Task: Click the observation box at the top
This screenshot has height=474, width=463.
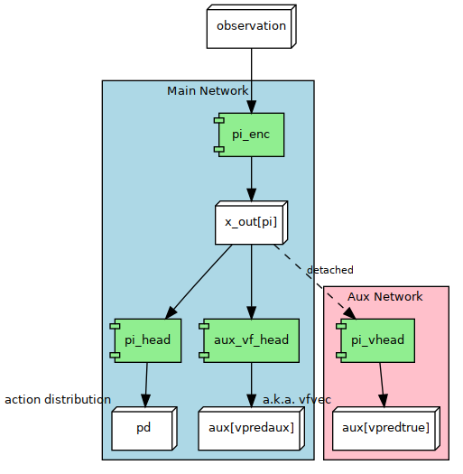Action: [x=251, y=26]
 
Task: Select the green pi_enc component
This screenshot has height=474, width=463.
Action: [x=251, y=135]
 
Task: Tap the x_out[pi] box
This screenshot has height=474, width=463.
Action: [x=251, y=222]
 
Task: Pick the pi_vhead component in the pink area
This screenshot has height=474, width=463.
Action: [x=377, y=339]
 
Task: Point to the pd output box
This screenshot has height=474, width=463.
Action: [x=144, y=428]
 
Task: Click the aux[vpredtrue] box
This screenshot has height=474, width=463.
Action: [x=385, y=428]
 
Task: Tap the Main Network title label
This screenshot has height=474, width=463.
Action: [x=207, y=90]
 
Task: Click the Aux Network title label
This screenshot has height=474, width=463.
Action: [x=384, y=296]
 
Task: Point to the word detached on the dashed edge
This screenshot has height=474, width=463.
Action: [x=329, y=270]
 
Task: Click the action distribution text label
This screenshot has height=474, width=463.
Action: [x=58, y=399]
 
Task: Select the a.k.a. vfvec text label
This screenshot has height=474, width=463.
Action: [x=297, y=399]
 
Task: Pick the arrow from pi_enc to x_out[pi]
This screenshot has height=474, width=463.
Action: [x=251, y=178]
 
